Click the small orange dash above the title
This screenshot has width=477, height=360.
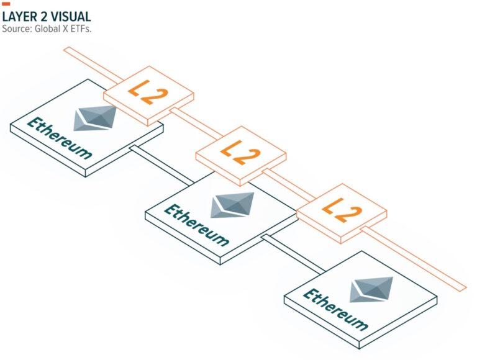(6, 4)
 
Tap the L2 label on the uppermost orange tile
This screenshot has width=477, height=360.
(148, 92)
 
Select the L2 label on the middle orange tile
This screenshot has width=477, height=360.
(240, 153)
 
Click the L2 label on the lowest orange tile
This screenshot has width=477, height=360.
(342, 210)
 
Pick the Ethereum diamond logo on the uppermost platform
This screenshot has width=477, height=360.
(95, 118)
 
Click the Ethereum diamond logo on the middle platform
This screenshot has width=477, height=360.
(232, 205)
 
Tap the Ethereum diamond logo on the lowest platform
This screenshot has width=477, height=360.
(371, 289)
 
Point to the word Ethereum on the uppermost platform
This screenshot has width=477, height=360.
(60, 138)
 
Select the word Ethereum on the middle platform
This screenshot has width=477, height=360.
(196, 225)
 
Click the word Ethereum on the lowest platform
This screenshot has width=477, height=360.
(335, 310)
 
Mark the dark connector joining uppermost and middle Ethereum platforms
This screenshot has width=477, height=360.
(161, 165)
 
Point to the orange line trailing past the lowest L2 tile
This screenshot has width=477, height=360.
(414, 259)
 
